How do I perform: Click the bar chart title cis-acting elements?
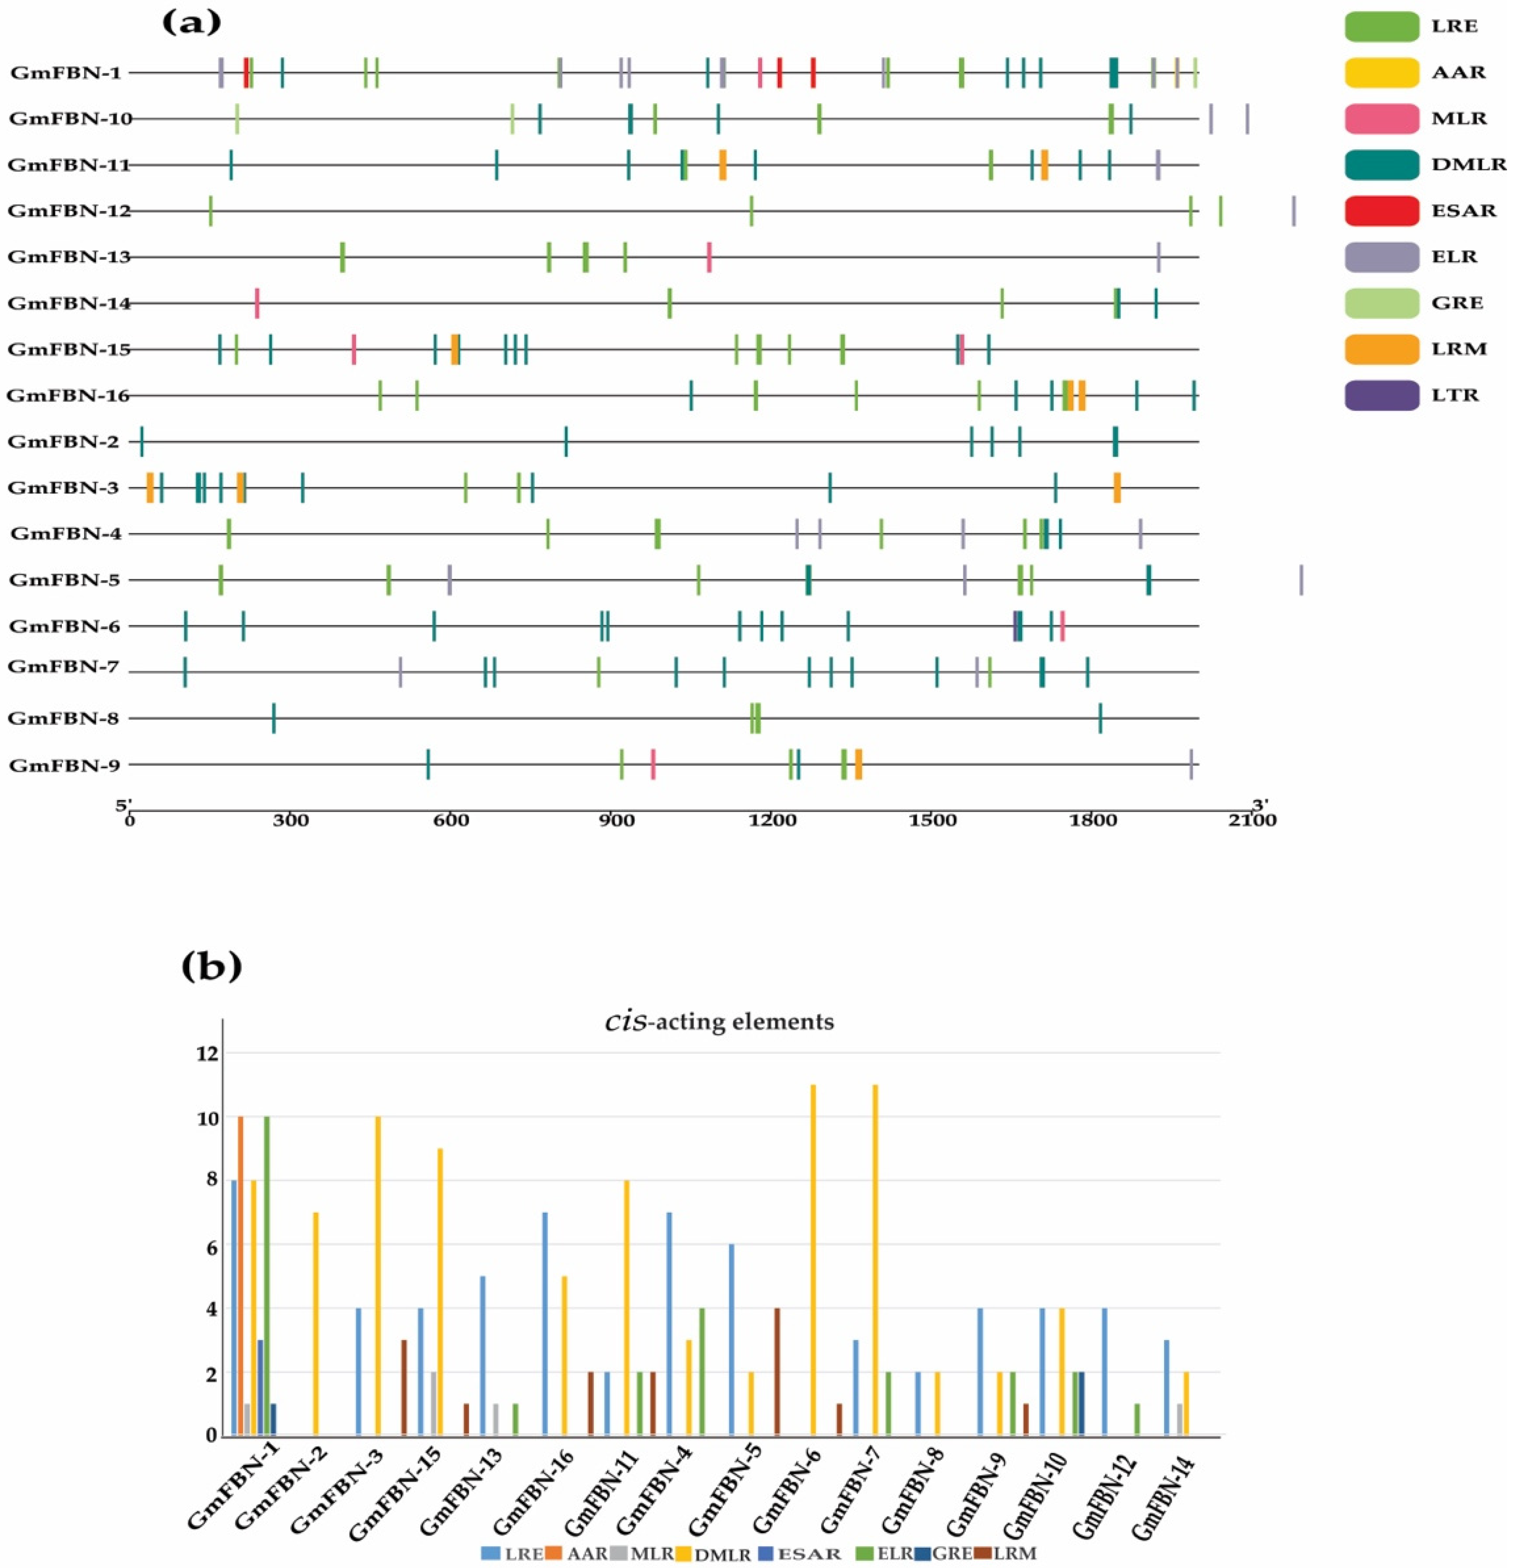(718, 1022)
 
